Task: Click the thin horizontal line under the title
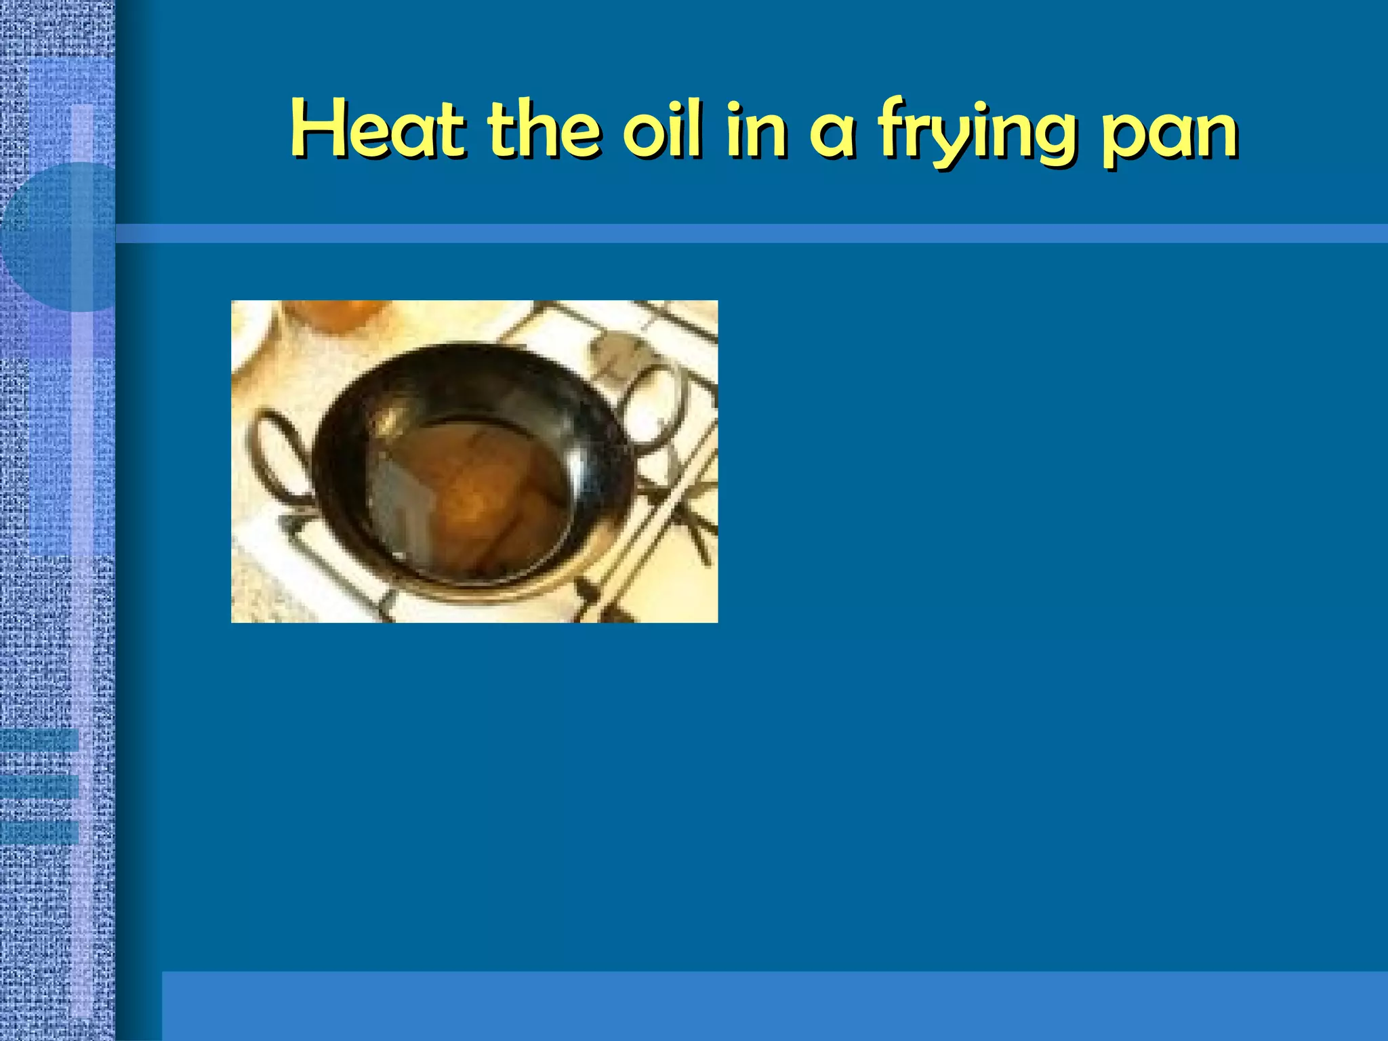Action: (x=746, y=234)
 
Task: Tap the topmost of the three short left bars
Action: (x=39, y=739)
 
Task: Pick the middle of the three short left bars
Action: (x=39, y=786)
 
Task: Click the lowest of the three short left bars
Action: (x=39, y=832)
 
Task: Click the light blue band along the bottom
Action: (x=773, y=1006)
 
